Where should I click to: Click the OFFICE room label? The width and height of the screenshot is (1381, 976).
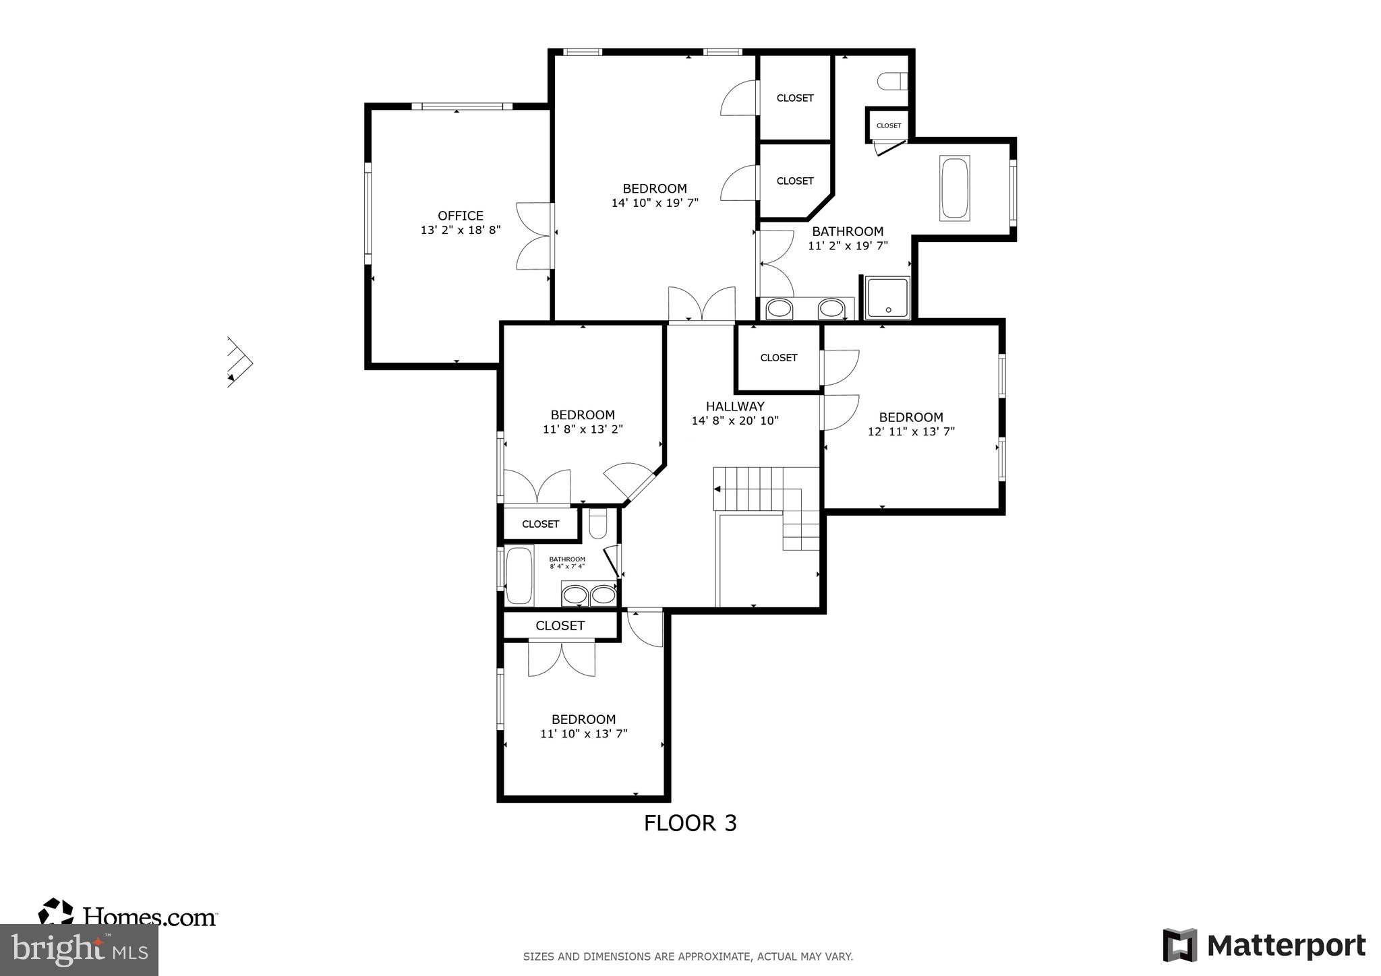click(460, 216)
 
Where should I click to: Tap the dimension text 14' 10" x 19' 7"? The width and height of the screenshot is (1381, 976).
click(654, 203)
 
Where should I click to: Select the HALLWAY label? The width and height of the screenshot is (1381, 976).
click(734, 406)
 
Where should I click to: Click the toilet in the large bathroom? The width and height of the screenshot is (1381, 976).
click(892, 82)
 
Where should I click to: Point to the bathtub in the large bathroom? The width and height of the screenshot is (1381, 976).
click(954, 188)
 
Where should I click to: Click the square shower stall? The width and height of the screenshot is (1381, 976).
click(887, 298)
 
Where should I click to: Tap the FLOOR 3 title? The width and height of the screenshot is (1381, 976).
click(690, 823)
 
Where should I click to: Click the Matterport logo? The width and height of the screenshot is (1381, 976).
click(1264, 945)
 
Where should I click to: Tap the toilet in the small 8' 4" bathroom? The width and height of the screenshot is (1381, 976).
click(597, 524)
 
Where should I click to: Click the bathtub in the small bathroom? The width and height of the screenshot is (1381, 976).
click(519, 575)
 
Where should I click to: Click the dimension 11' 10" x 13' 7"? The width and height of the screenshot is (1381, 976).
click(583, 734)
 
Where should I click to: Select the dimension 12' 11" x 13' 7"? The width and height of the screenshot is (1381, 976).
click(911, 432)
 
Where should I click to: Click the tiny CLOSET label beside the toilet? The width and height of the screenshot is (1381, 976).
click(888, 126)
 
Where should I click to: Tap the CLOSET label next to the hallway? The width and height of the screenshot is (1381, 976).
click(778, 358)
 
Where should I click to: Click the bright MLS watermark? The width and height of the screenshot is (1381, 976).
click(79, 950)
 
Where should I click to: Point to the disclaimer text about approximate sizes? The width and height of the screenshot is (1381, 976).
click(688, 956)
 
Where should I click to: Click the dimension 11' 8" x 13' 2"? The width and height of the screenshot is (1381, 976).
click(583, 429)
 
